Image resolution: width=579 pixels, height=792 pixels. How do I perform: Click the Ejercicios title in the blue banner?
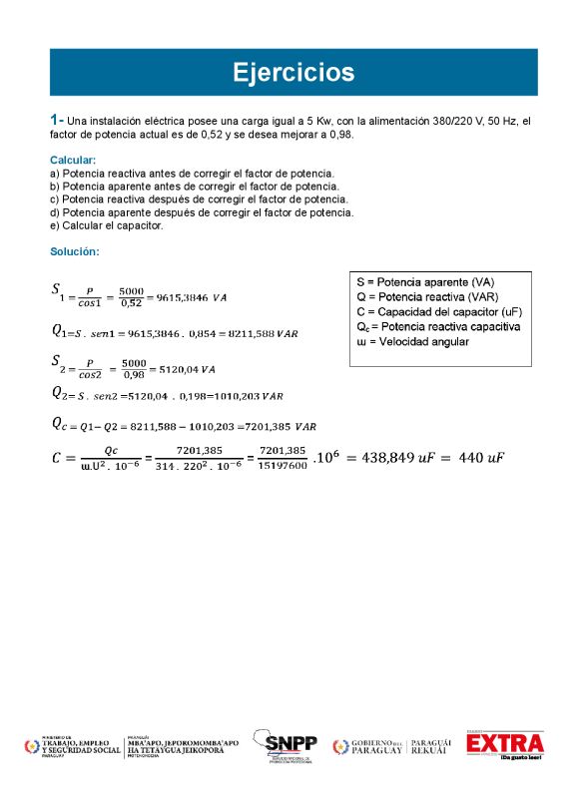[292, 73]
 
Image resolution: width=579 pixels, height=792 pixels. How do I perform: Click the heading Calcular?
[73, 160]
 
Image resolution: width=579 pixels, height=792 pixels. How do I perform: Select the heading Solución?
[74, 251]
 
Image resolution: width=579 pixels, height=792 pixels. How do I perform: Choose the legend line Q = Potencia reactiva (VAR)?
[428, 296]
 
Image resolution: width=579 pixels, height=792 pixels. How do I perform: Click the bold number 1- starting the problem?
[57, 120]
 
